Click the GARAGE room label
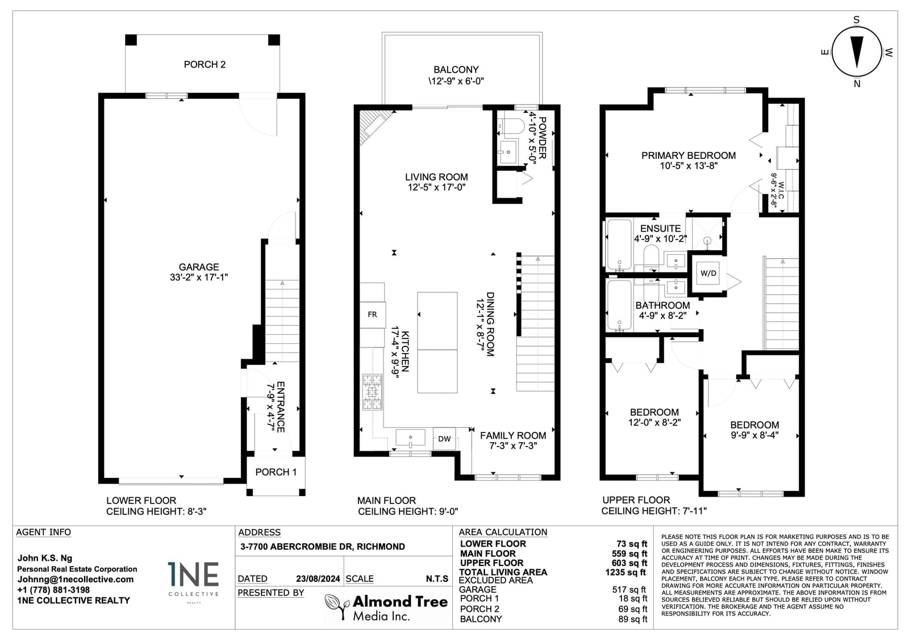199,267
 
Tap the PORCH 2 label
205,65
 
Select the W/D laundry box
708,274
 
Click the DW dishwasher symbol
444,438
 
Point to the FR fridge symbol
373,314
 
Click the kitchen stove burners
372,392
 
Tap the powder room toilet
512,126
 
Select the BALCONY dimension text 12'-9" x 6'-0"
456,81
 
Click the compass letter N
857,84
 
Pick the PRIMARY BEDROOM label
688,156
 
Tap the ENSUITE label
660,228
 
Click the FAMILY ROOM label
513,435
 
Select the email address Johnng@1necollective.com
76,579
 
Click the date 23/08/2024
318,579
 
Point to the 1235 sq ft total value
626,572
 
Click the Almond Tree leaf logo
336,606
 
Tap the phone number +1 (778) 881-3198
53,590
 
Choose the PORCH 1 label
276,472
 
